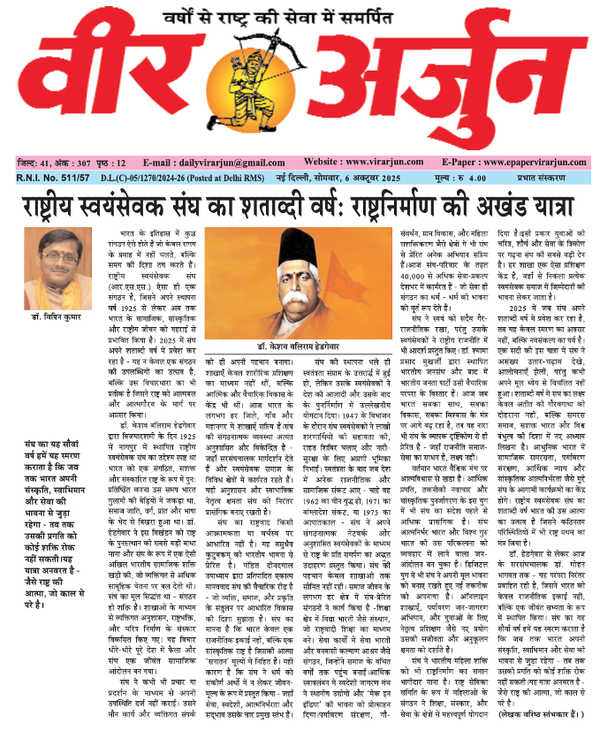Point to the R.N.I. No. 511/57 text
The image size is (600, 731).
(57, 177)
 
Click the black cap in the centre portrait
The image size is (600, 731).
(300, 249)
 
